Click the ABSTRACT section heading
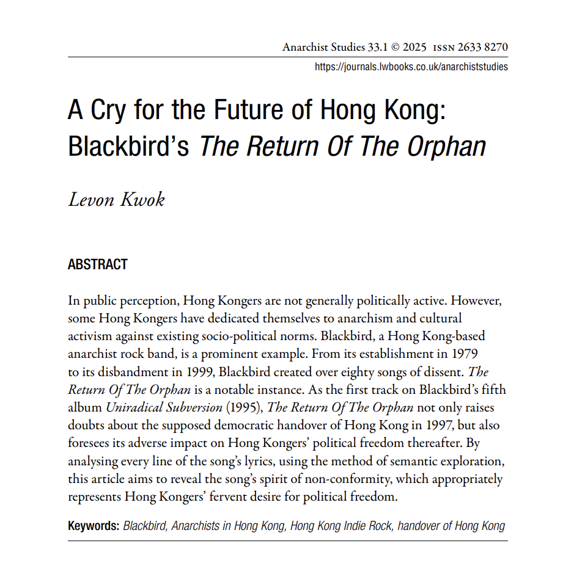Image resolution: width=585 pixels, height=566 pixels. pos(98,264)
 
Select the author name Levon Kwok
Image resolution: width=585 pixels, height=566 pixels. pos(116,200)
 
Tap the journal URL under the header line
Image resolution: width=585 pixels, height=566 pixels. pos(411,67)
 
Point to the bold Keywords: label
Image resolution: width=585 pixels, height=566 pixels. pos(94,526)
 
